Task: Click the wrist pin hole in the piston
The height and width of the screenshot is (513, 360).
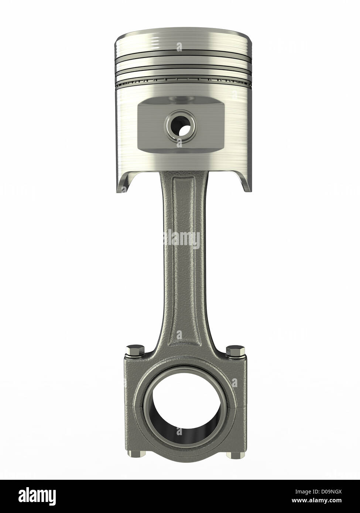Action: [x=181, y=127]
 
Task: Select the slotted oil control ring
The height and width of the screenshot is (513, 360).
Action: [x=183, y=80]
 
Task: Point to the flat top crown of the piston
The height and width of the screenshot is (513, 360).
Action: [x=183, y=31]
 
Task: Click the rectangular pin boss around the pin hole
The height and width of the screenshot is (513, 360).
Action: [x=151, y=127]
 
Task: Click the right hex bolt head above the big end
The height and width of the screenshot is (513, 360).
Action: [x=234, y=350]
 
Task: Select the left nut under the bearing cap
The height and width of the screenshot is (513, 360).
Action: [x=133, y=454]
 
